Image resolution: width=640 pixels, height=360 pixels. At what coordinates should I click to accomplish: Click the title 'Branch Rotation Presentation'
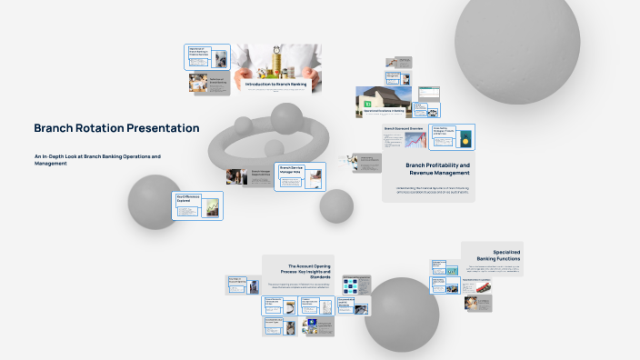click(116, 128)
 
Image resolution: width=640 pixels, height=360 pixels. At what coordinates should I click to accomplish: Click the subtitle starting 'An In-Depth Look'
click(96, 159)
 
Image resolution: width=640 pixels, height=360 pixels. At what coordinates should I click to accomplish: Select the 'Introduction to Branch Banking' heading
click(275, 84)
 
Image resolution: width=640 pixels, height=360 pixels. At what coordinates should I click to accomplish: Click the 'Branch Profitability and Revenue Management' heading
click(437, 168)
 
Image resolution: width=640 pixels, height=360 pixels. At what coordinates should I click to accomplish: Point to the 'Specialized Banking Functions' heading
click(494, 255)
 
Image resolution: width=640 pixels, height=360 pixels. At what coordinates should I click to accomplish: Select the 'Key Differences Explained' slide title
click(188, 197)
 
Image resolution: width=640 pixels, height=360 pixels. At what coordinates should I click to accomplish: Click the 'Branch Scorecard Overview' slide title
click(404, 129)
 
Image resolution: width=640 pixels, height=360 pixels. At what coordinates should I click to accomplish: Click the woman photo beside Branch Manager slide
click(236, 176)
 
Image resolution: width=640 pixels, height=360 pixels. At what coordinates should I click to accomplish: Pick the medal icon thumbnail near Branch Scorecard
click(465, 138)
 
